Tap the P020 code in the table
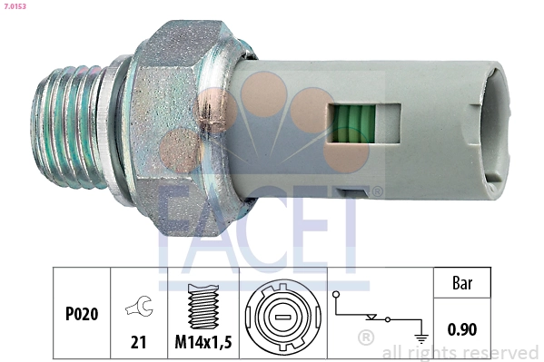click(x=81, y=314)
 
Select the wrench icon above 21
click(x=138, y=308)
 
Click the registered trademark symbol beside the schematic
click(x=367, y=339)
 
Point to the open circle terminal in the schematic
click(x=337, y=295)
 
